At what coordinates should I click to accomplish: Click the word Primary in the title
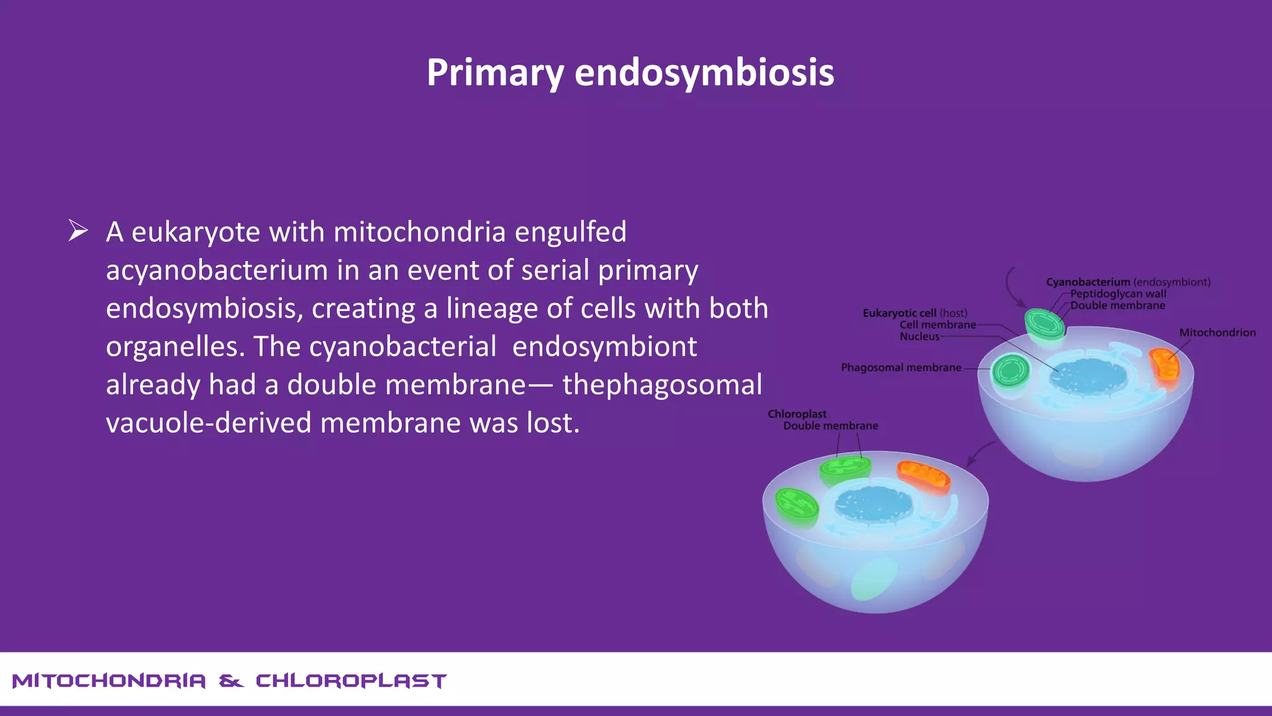(495, 73)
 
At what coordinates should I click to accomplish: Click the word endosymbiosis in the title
(704, 73)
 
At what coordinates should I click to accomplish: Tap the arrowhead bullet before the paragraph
(78, 231)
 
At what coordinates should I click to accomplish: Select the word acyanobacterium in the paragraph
(217, 270)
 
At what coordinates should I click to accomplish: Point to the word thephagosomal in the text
(662, 385)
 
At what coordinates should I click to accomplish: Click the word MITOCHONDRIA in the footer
(109, 681)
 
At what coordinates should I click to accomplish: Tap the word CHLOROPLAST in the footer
(351, 681)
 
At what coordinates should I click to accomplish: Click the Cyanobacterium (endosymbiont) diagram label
(1127, 282)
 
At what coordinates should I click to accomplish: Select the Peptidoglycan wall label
(1118, 294)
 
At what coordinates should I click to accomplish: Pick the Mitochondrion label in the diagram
(1217, 333)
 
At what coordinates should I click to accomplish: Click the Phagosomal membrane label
(901, 367)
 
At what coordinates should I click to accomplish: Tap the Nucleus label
(919, 336)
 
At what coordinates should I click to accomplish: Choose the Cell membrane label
(937, 324)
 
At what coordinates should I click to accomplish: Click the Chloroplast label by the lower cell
(797, 414)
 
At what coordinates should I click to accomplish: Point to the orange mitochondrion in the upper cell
(1164, 366)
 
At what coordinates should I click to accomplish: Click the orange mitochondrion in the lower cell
(924, 476)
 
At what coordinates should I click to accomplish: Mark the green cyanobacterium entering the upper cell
(1045, 324)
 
